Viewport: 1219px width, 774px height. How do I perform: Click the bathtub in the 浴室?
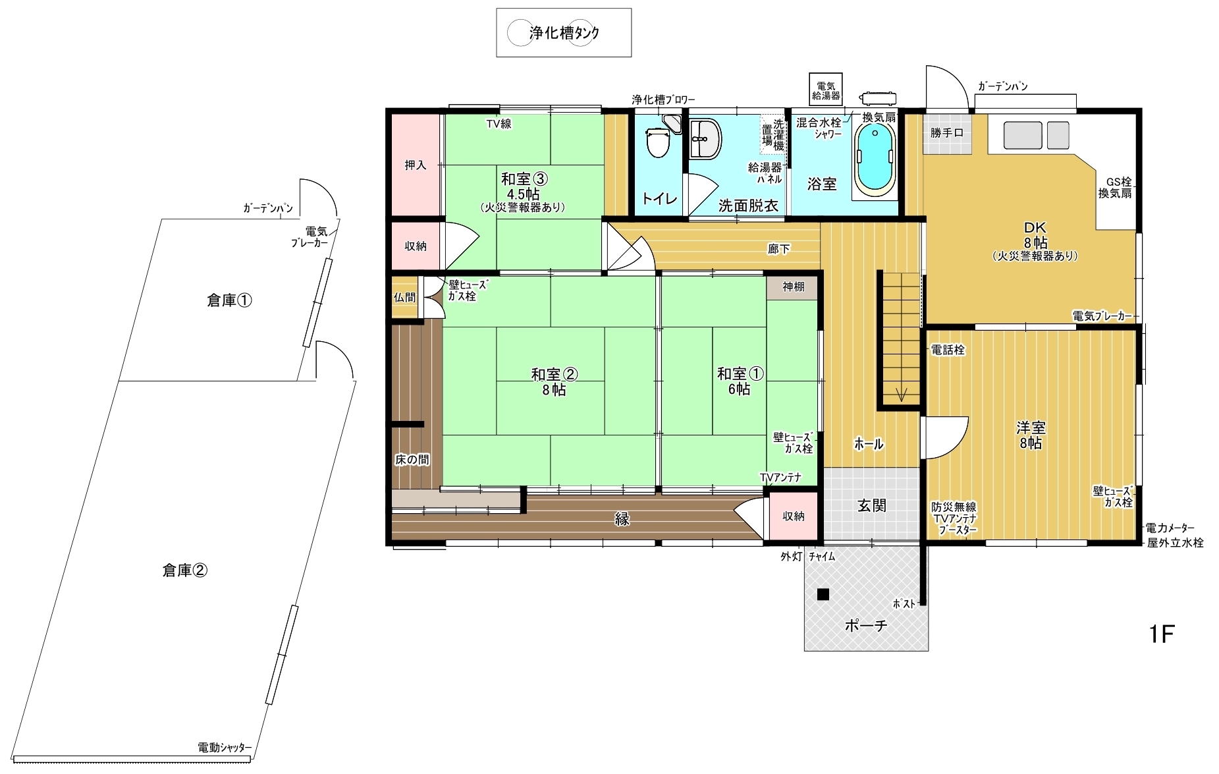pyautogui.click(x=875, y=157)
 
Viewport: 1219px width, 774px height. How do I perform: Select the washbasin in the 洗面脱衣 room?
pyautogui.click(x=705, y=139)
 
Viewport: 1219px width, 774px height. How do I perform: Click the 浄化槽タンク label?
pyautogui.click(x=564, y=32)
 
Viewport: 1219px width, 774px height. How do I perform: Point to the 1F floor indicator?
pyautogui.click(x=1162, y=634)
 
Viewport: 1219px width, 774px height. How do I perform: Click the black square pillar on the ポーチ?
pyautogui.click(x=823, y=594)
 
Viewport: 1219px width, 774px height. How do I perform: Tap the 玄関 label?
pyautogui.click(x=871, y=505)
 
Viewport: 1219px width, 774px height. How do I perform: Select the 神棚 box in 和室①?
pyautogui.click(x=793, y=287)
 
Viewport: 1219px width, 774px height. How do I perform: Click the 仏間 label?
pyautogui.click(x=404, y=297)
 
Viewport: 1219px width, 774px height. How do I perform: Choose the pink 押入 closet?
pyautogui.click(x=416, y=165)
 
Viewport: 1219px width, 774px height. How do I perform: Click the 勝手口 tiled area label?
pyautogui.click(x=946, y=132)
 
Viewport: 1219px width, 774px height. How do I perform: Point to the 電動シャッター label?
pyautogui.click(x=225, y=748)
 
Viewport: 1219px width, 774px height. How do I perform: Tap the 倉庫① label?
pyautogui.click(x=229, y=300)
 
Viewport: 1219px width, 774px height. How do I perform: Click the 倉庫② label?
pyautogui.click(x=184, y=570)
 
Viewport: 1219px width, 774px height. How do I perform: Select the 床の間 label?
pyautogui.click(x=412, y=460)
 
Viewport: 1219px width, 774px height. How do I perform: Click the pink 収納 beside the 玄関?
pyautogui.click(x=793, y=516)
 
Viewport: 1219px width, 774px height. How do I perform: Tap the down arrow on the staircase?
pyautogui.click(x=901, y=394)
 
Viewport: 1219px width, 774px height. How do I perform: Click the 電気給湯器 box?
pyautogui.click(x=826, y=89)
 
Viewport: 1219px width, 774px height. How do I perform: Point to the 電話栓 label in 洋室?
pyautogui.click(x=948, y=350)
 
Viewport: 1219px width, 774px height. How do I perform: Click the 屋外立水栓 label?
pyautogui.click(x=1175, y=543)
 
